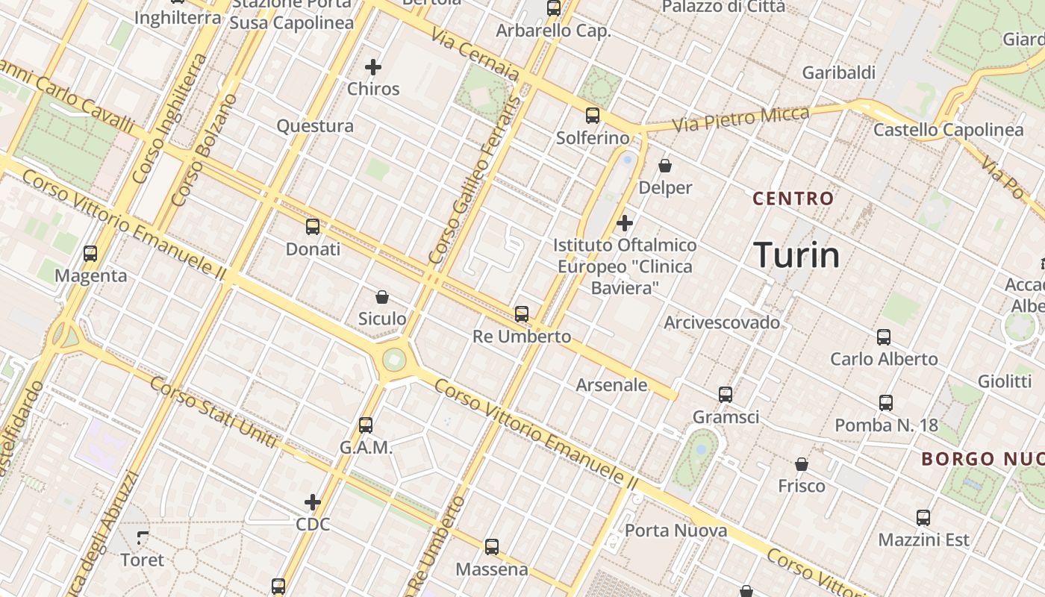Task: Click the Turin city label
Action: click(x=796, y=255)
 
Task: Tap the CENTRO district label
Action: click(x=793, y=199)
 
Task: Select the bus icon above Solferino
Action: click(x=593, y=116)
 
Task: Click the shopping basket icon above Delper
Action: click(x=665, y=166)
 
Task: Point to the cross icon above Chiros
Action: click(x=373, y=67)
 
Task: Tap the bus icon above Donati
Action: click(x=313, y=227)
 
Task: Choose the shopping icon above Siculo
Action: click(x=382, y=297)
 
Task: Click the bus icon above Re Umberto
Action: click(x=522, y=314)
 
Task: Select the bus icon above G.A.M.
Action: click(x=366, y=425)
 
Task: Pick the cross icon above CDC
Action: click(x=313, y=502)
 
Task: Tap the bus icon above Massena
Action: click(x=492, y=547)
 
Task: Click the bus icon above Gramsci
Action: click(x=726, y=395)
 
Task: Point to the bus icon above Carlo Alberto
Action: click(x=884, y=337)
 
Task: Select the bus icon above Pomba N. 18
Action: click(x=886, y=403)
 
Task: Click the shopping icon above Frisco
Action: click(x=802, y=464)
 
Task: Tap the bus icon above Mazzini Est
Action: click(x=923, y=518)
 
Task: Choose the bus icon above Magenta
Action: click(x=90, y=254)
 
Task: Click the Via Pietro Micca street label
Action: click(x=741, y=119)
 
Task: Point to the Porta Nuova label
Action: click(x=676, y=531)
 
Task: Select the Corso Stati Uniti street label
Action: click(x=213, y=413)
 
